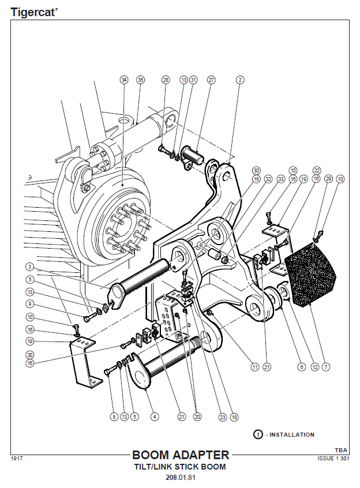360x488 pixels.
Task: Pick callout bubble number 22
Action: [x=316, y=171]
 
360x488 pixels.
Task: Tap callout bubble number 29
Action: [x=328, y=179]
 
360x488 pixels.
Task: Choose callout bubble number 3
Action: [x=29, y=266]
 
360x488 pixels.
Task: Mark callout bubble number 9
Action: [x=29, y=304]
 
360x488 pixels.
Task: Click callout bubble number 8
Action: [x=114, y=416]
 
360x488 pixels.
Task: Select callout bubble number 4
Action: [x=154, y=416]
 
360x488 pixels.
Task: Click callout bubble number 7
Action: [x=326, y=366]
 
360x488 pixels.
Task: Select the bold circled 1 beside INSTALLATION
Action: [x=258, y=434]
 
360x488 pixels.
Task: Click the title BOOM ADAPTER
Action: [x=180, y=455]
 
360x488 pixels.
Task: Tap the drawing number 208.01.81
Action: [x=180, y=478]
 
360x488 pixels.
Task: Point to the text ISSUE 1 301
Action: [x=333, y=459]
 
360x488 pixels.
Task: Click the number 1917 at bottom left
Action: [x=16, y=459]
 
